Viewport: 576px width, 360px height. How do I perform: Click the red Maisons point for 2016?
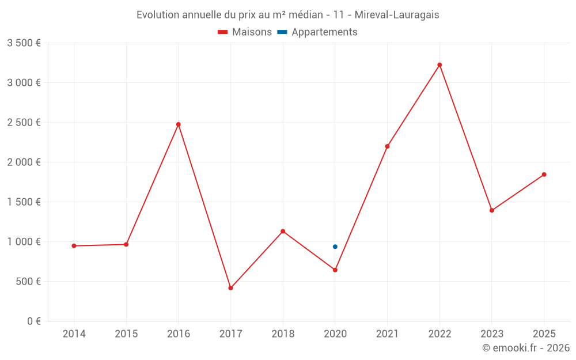[x=179, y=124]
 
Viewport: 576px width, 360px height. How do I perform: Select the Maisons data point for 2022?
[x=439, y=65]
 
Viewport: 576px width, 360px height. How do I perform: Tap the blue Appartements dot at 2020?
[x=335, y=247]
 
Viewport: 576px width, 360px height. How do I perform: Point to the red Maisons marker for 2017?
[x=230, y=288]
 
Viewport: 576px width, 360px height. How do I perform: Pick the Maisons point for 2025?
[x=544, y=175]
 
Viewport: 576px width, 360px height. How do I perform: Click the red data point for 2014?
[x=74, y=246]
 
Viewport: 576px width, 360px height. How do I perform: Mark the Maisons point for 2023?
[x=492, y=210]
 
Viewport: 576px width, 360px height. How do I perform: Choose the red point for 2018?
[x=283, y=232]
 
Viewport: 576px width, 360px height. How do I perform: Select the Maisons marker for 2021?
[x=387, y=146]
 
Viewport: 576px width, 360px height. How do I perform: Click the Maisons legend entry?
[x=245, y=32]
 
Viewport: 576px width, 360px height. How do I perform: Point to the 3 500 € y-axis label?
[x=24, y=43]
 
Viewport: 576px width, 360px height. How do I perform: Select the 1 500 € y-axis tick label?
[x=24, y=202]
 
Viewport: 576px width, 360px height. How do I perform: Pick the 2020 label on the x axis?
[x=335, y=334]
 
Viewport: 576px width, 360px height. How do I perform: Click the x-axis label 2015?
[x=126, y=334]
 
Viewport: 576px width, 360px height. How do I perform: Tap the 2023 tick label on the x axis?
[x=492, y=334]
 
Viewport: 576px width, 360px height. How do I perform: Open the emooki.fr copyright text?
[x=526, y=348]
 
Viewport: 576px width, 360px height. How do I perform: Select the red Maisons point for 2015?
[x=126, y=244]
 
